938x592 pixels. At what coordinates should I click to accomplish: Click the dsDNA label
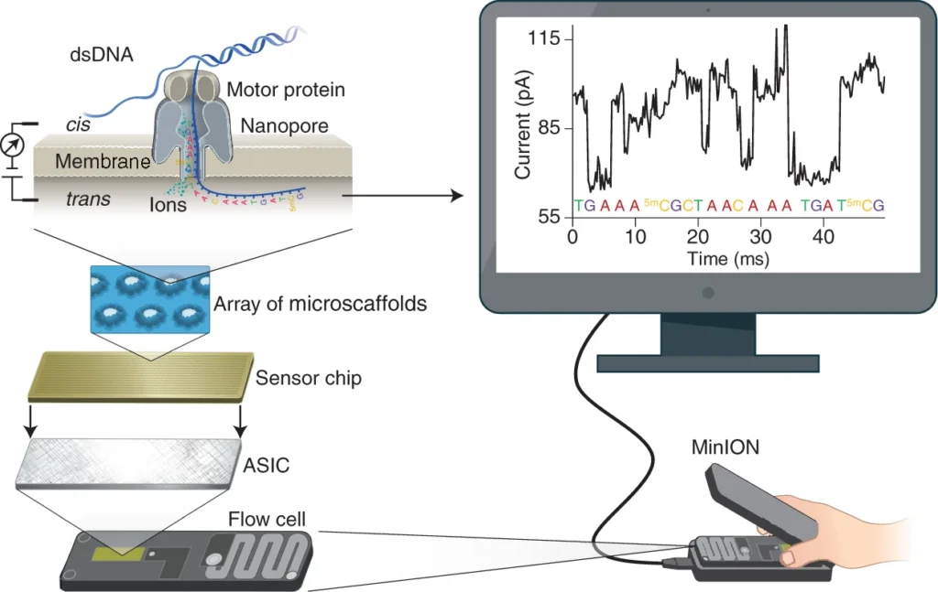pos(102,55)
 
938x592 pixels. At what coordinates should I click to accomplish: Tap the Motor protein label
pos(285,90)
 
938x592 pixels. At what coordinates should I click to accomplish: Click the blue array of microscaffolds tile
pos(150,299)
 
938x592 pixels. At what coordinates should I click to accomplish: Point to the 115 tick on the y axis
pos(547,39)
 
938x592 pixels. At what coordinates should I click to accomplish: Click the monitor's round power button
pos(708,294)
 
